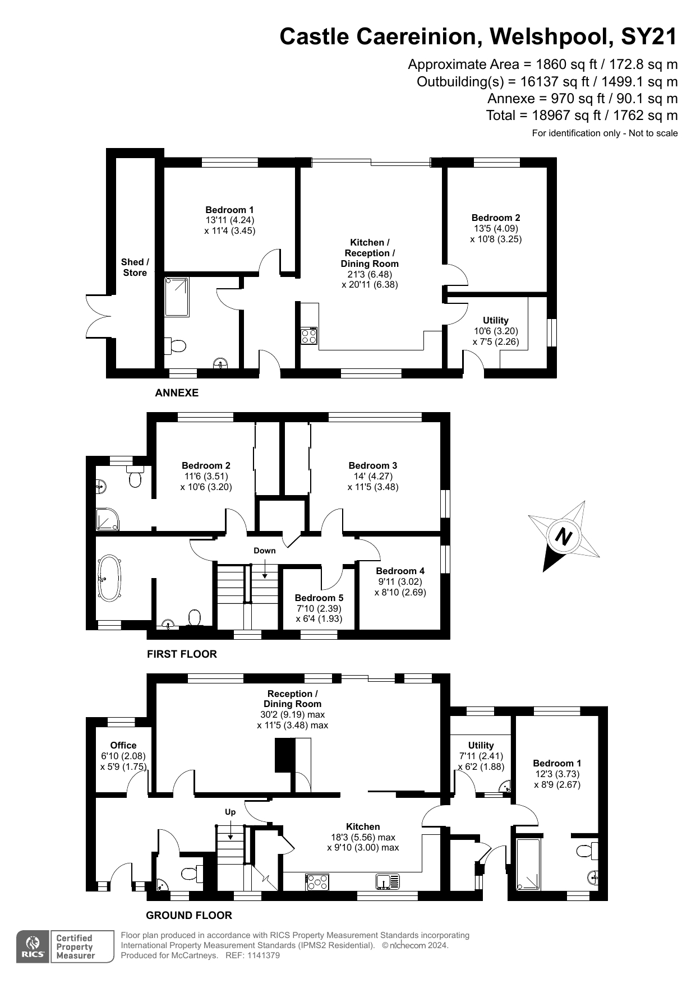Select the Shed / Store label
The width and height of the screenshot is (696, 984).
(135, 267)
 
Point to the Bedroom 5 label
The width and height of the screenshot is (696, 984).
(319, 598)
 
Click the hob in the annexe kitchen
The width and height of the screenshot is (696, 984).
(309, 336)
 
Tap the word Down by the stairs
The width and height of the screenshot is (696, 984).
(265, 551)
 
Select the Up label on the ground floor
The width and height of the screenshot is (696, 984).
(231, 812)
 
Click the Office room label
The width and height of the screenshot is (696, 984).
(123, 745)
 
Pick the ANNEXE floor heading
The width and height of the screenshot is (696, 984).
(177, 393)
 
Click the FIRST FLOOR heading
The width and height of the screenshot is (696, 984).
(182, 654)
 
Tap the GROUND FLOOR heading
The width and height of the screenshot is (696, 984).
(189, 915)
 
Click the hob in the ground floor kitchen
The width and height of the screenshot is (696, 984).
(317, 882)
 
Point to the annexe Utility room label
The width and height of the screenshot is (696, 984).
(496, 320)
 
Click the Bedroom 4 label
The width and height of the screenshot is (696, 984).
(400, 571)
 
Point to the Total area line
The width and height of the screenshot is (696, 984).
(582, 116)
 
